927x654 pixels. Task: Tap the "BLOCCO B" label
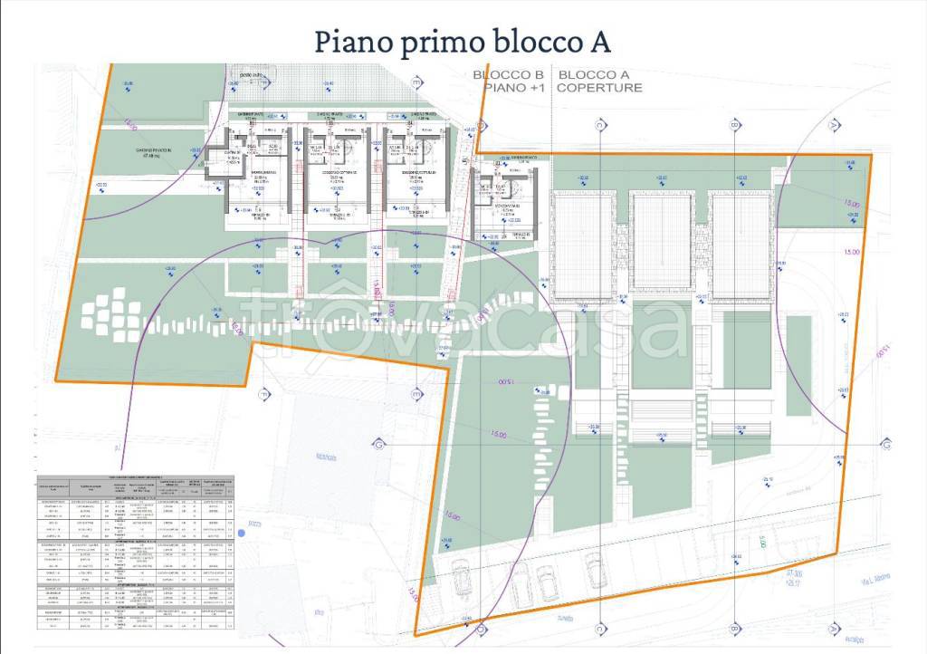pos(513,75)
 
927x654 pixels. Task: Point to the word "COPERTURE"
pos(599,88)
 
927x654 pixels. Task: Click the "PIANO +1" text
pos(513,88)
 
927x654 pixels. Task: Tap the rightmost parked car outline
pos(595,570)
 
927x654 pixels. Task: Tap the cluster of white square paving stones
pos(111,313)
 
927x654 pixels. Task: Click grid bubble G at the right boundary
pos(888,445)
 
